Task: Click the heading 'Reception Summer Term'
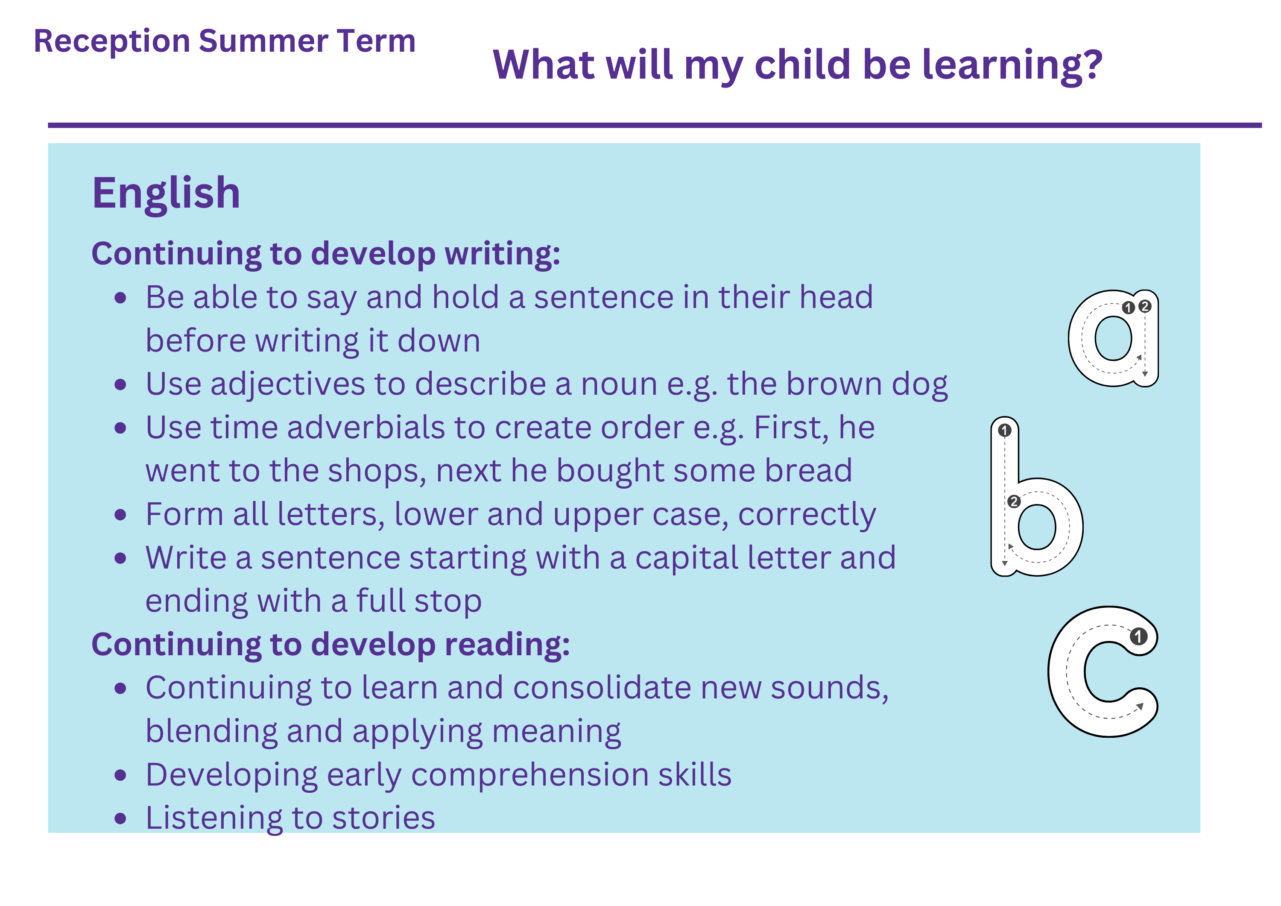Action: pyautogui.click(x=225, y=41)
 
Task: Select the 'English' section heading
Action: pyautogui.click(x=166, y=194)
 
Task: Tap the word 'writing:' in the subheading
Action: pyautogui.click(x=502, y=255)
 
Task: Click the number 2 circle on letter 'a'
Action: pyautogui.click(x=1145, y=306)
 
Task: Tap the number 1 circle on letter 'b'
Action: pyautogui.click(x=1005, y=431)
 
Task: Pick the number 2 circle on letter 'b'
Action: pyautogui.click(x=1014, y=501)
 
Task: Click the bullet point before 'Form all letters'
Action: pyautogui.click(x=120, y=515)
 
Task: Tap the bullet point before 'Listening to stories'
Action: pyautogui.click(x=120, y=818)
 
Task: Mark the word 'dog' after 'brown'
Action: pyautogui.click(x=920, y=385)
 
